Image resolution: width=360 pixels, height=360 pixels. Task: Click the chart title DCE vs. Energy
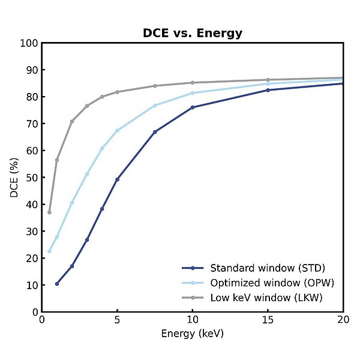(x=192, y=34)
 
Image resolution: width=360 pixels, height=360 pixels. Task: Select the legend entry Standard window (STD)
(x=267, y=268)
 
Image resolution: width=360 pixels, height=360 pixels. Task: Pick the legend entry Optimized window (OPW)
(x=271, y=283)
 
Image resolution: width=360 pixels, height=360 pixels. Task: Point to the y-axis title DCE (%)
(x=15, y=178)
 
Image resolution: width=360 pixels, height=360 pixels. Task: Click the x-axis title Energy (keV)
(x=192, y=334)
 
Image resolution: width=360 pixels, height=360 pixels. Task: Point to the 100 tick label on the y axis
(x=29, y=43)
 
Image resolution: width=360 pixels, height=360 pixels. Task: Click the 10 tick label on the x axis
(x=192, y=321)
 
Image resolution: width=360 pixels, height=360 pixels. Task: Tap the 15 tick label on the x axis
(x=268, y=321)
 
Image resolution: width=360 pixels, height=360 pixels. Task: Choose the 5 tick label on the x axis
(x=117, y=321)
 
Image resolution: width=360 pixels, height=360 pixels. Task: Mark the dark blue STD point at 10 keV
(x=192, y=107)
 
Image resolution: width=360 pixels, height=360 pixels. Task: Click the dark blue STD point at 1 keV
(x=57, y=283)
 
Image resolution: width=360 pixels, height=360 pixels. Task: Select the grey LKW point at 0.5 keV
(x=49, y=212)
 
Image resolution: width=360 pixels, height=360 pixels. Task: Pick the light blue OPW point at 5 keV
(x=117, y=131)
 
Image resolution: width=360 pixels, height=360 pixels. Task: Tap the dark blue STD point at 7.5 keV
(x=155, y=132)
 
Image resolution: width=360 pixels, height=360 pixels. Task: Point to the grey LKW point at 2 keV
(x=72, y=121)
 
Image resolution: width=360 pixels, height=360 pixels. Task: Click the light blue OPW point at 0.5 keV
(x=49, y=251)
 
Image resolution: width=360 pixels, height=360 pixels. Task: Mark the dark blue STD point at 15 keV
(x=268, y=90)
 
